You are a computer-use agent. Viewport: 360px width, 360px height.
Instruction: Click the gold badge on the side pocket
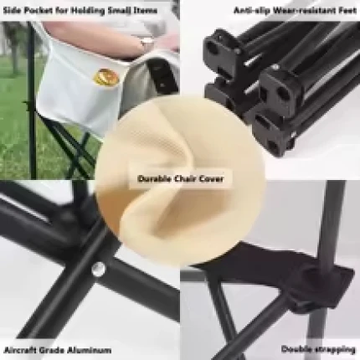107,76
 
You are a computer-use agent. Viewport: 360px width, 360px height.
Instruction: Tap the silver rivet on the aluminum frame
99,269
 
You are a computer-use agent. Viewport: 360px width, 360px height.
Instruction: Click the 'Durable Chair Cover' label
180,178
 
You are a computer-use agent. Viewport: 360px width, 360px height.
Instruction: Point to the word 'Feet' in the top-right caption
347,11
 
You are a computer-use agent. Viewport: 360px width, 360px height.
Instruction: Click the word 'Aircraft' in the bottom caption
19,350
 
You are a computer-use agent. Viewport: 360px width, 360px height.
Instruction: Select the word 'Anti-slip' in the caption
251,11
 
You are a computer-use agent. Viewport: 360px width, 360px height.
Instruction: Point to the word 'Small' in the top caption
120,11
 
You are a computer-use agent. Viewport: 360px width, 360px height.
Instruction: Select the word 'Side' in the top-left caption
13,11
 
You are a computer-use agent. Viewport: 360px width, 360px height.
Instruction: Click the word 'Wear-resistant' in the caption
304,11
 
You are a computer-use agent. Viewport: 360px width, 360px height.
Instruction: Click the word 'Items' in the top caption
146,11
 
